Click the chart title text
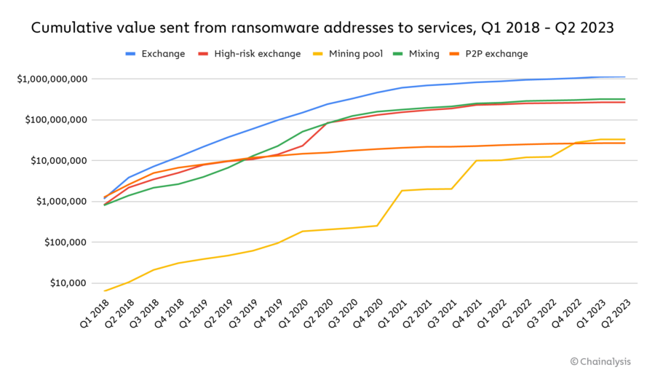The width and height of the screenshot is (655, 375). [322, 28]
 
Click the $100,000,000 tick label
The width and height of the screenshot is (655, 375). [55, 119]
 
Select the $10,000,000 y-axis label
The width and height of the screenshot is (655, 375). [57, 160]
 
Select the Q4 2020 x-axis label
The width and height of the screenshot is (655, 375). [364, 312]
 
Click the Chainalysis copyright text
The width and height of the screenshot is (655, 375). [600, 360]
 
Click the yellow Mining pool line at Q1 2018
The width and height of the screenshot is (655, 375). [105, 291]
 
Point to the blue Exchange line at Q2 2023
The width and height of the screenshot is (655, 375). [624, 77]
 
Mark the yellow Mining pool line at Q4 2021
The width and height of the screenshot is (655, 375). [476, 160]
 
